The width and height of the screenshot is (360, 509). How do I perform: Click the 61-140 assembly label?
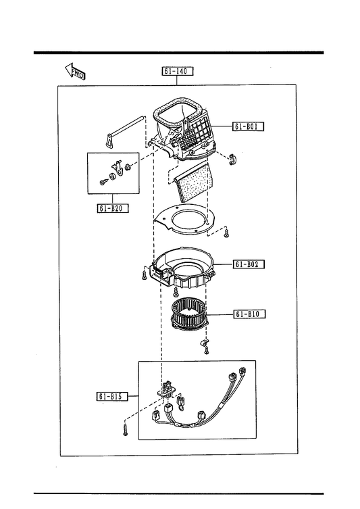178,71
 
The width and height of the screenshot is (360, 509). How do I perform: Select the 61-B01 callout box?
248,126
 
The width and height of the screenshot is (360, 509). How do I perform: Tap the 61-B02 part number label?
249,264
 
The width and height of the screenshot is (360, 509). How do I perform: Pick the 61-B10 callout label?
249,314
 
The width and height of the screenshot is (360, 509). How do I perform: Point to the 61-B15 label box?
112,396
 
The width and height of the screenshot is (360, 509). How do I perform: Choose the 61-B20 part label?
113,208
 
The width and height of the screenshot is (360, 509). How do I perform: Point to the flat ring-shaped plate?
185,220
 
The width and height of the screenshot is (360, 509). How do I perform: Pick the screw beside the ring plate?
227,233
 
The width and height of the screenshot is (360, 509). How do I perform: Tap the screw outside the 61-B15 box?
125,431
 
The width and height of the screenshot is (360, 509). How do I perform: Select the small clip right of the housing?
233,159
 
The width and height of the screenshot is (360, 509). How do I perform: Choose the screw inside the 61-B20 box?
103,183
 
